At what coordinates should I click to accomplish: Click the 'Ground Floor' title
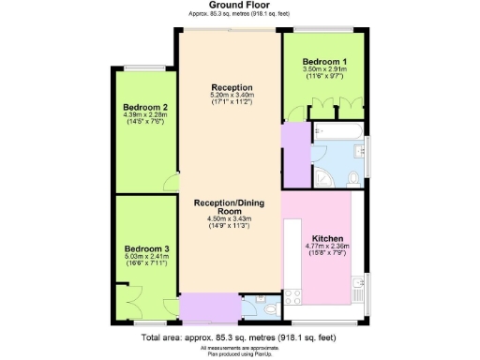pos(240,5)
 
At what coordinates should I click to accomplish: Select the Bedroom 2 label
pos(145,108)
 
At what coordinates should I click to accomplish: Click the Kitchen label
pos(327,238)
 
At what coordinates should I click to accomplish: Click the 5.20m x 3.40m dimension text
pos(232,96)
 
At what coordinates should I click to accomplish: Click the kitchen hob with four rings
pos(292,298)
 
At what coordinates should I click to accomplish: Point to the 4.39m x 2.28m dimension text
pos(145,116)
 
